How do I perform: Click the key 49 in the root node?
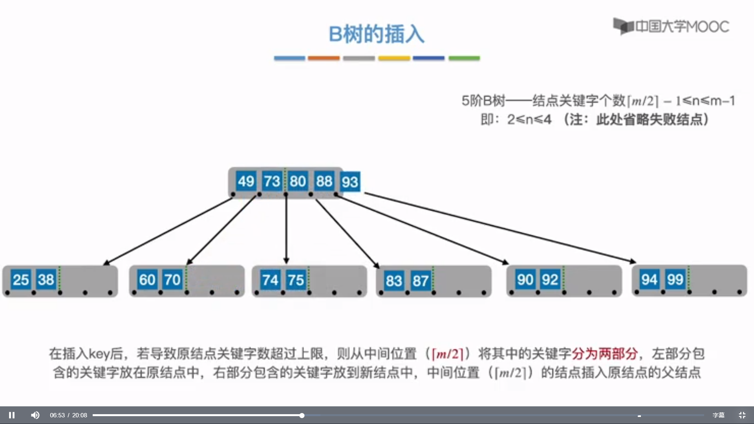246,181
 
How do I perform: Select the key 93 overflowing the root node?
350,182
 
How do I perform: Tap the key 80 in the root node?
298,181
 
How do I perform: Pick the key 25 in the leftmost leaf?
21,280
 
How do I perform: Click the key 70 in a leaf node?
172,280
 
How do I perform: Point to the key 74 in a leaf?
270,280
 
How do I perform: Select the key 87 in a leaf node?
420,281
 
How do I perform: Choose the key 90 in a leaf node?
525,280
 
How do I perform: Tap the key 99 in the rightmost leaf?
675,280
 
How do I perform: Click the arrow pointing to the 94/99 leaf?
499,228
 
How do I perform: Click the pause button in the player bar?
12,415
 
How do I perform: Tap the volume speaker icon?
35,415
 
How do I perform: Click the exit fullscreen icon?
742,415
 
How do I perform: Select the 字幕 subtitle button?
718,415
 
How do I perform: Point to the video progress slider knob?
302,415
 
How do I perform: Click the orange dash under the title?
324,58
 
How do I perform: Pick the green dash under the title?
464,58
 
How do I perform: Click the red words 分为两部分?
604,354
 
